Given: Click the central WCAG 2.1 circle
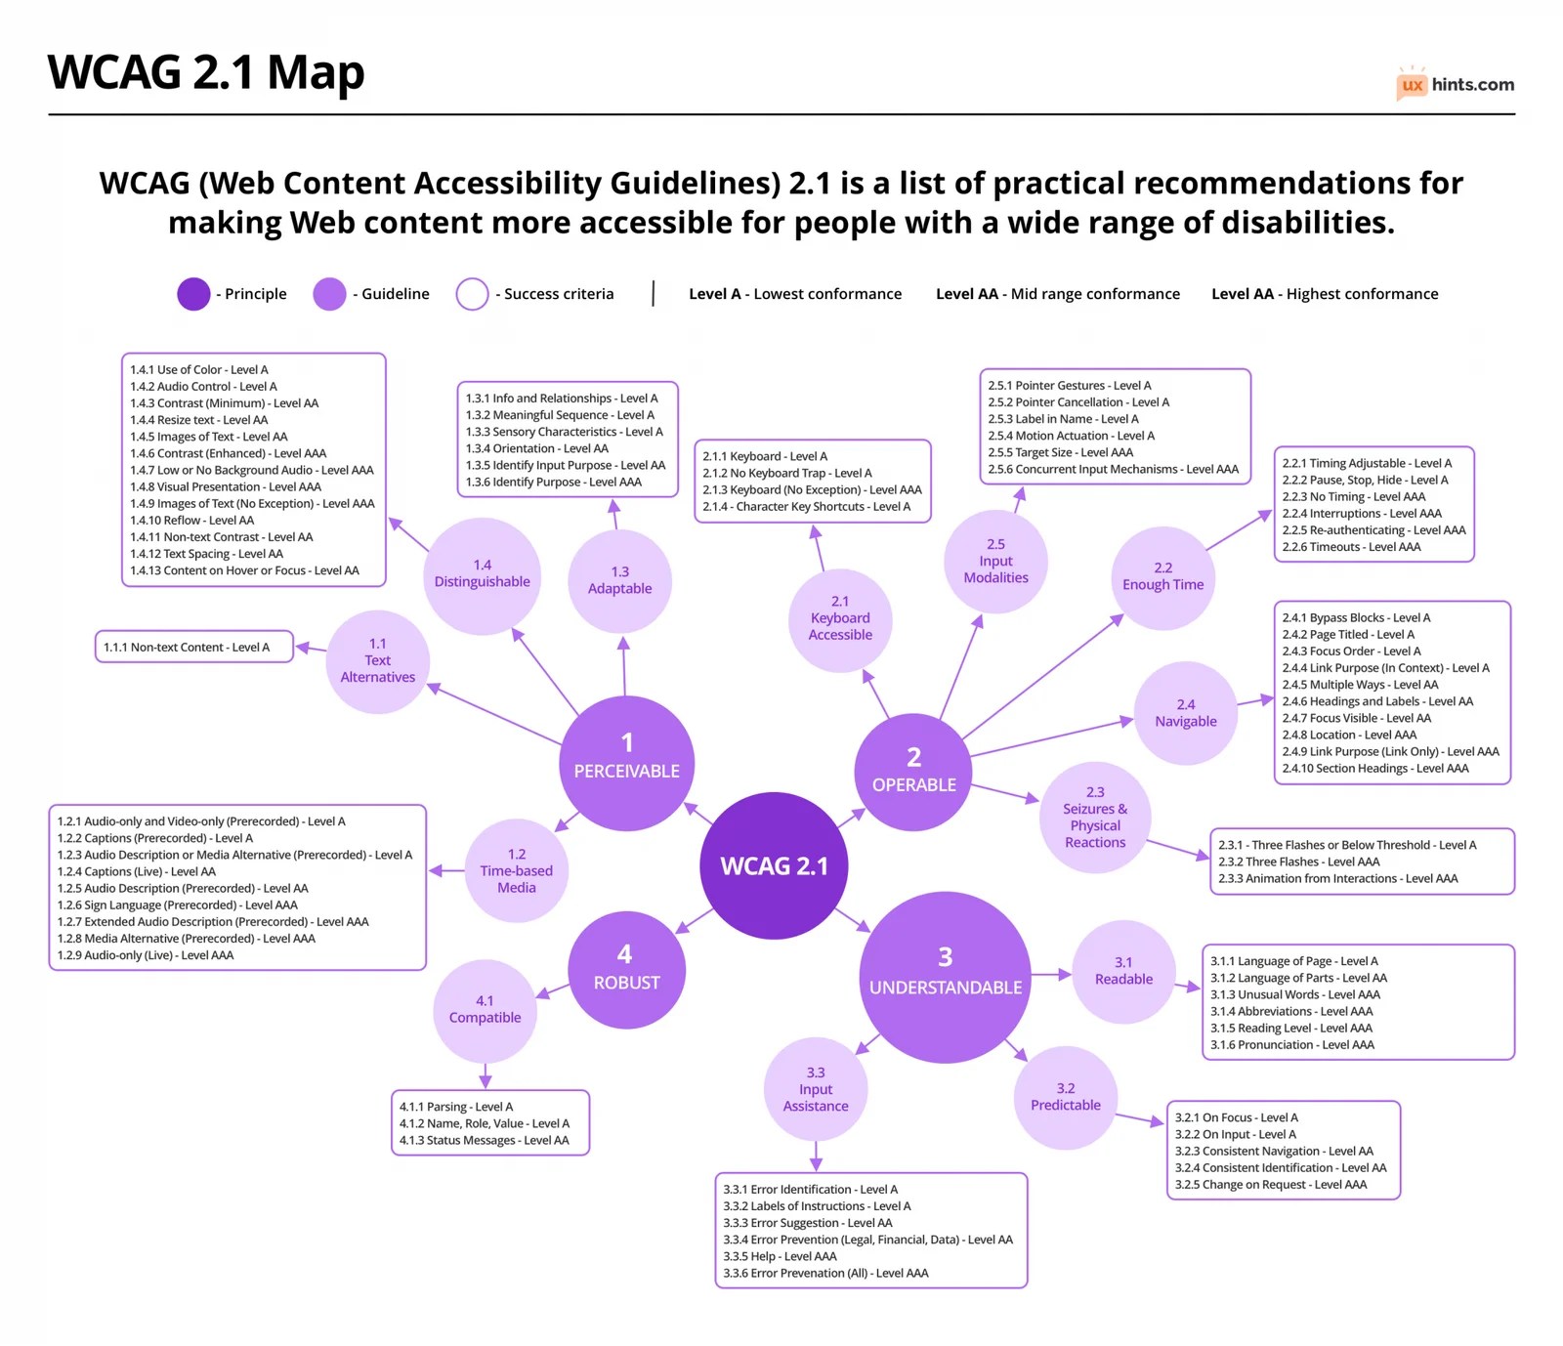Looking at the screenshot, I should point(774,865).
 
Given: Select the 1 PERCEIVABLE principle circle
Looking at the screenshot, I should point(626,763).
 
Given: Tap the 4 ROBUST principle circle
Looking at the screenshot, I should point(626,969).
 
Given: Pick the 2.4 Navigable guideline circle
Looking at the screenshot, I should point(1185,713).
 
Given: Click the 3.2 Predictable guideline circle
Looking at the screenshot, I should point(1065,1097).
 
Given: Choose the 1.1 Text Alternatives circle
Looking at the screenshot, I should point(377,660).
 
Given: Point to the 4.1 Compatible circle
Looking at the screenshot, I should point(485,1010).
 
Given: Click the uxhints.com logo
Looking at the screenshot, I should point(1455,85).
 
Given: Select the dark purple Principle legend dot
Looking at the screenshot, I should point(193,294).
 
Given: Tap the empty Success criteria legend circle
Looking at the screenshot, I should point(472,294).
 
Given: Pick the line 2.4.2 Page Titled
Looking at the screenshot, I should point(1348,635).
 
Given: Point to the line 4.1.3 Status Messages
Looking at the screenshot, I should point(484,1141).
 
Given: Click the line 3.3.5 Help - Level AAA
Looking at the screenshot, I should point(780,1257).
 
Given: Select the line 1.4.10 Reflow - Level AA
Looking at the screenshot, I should point(191,521).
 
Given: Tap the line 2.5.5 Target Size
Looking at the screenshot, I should point(1060,453).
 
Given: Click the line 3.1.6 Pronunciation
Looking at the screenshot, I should point(1291,1045).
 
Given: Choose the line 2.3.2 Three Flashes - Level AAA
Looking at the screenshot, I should point(1298,862).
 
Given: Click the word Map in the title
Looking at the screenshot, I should point(316,72).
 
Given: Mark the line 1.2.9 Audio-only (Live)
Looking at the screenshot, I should point(146,955).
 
